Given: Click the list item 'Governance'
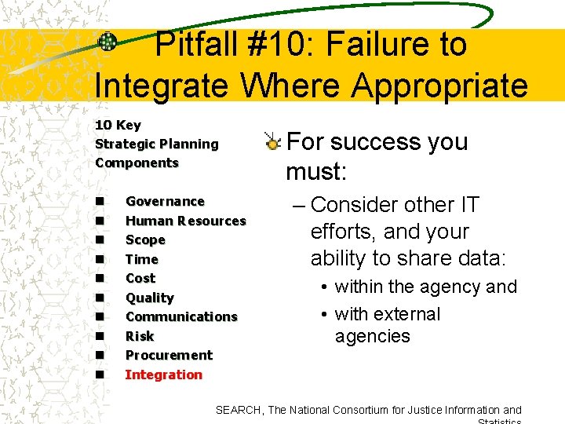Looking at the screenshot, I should click(165, 202).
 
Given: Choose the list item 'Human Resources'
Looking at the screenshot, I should click(185, 221).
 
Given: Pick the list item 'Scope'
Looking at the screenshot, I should click(145, 240).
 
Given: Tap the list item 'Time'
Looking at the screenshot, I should click(141, 259).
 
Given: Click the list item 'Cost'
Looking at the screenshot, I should click(140, 279).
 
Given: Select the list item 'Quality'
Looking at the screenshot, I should click(149, 298).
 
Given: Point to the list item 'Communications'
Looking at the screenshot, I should click(181, 317).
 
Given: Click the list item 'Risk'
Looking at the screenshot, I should click(140, 336).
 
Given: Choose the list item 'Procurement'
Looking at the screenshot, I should click(169, 356).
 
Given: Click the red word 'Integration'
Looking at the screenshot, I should click(163, 375).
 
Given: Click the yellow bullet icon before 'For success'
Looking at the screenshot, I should click(272, 142).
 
